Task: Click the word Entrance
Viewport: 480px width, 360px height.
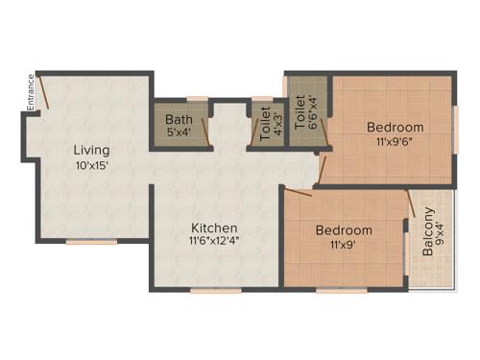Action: click(30, 94)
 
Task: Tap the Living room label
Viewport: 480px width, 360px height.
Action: click(93, 150)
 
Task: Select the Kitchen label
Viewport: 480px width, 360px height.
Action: click(214, 228)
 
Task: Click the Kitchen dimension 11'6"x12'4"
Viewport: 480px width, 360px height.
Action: click(214, 241)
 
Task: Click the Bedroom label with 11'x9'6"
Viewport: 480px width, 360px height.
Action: click(396, 127)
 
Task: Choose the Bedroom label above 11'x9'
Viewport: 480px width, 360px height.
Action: click(344, 230)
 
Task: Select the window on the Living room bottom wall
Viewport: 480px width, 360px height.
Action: click(91, 242)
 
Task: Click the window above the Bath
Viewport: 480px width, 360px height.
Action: click(197, 97)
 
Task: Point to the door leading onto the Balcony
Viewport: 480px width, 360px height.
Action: click(410, 204)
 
